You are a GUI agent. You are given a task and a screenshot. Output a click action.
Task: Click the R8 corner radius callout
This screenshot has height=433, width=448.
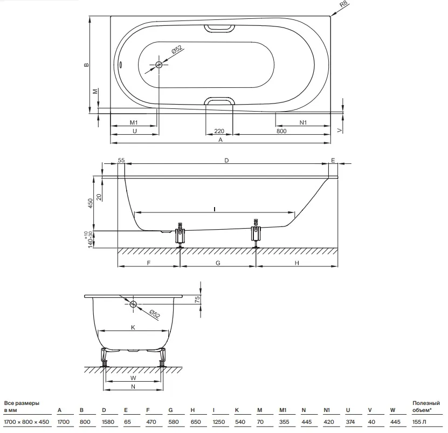coord(343,5)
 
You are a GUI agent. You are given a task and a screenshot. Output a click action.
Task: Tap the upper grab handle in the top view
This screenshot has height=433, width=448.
coord(219,28)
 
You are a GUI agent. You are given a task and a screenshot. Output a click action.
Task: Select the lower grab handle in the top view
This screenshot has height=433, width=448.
coord(219,101)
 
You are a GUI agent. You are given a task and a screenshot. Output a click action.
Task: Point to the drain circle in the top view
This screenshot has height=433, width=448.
coord(159,65)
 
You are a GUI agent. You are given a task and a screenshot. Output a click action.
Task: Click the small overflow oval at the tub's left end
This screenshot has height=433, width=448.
coord(121,65)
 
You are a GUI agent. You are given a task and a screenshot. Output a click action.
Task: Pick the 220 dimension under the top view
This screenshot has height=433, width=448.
coord(219,131)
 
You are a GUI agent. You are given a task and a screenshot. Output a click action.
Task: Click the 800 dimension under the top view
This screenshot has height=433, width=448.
coord(281,131)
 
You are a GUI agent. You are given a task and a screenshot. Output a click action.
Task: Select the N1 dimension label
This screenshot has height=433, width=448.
coord(303,122)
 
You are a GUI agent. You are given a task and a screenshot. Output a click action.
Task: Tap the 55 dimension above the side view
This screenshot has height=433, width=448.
coord(121,160)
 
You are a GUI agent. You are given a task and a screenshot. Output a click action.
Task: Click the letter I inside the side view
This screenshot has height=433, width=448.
coord(214,210)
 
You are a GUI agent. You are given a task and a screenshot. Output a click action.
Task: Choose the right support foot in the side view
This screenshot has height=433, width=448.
coord(256,233)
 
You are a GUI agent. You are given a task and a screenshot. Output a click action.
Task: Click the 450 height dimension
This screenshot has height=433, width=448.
coord(91,203)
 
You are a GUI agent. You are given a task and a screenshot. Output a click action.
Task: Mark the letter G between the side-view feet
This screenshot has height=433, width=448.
coord(218,263)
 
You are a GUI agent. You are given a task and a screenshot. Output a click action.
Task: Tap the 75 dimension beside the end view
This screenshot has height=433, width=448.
coord(197,299)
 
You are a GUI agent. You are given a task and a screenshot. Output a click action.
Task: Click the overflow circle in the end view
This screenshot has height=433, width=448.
coord(133,304)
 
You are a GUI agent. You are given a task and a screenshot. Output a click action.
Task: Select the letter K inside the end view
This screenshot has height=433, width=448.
coord(133,327)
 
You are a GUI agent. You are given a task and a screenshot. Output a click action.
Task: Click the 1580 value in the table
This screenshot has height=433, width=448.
coord(108,422)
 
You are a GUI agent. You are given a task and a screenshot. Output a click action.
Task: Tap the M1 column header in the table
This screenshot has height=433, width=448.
coord(282,410)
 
